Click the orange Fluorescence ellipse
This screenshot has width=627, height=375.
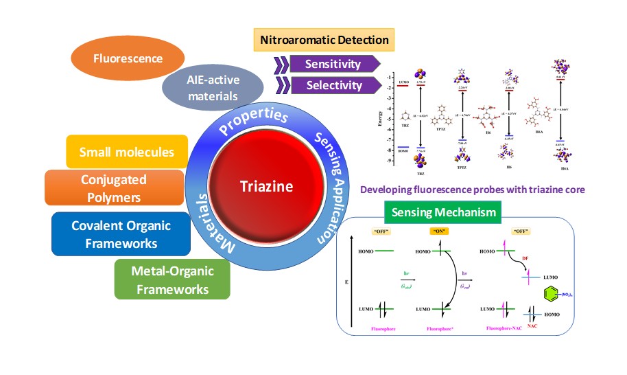point(119,58)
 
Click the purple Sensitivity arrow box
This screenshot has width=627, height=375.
point(335,64)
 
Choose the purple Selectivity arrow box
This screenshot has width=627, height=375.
point(335,85)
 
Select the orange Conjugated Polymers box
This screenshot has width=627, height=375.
point(114,187)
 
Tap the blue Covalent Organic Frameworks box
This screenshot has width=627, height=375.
point(121,234)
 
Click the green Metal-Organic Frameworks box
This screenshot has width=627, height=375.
point(172,280)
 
